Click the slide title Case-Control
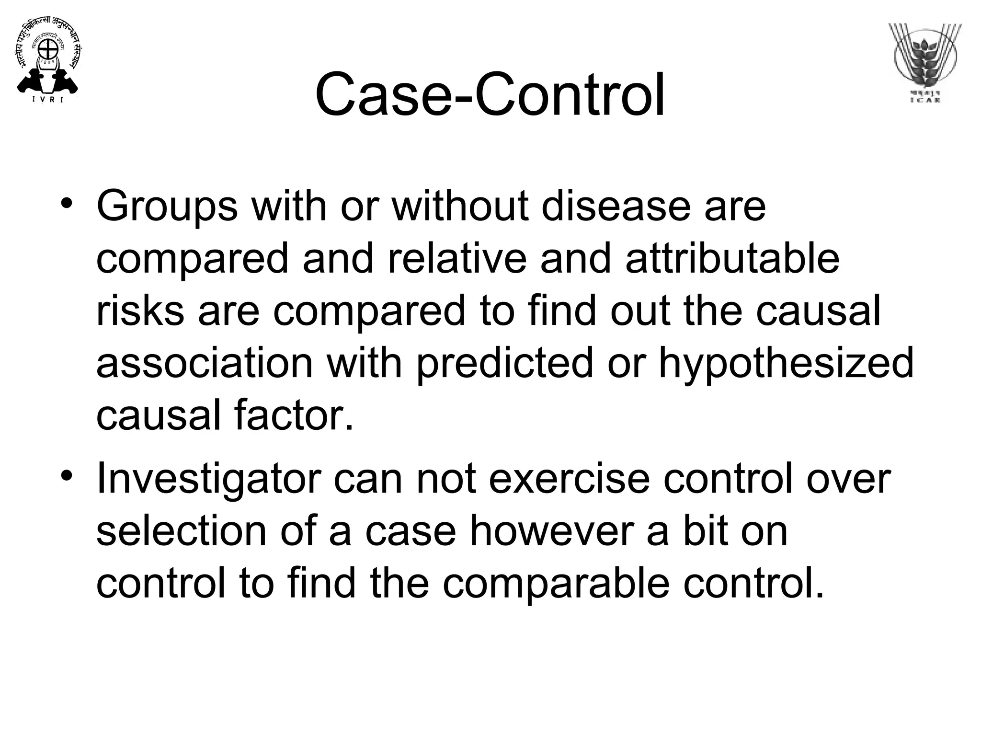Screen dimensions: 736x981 [x=490, y=94]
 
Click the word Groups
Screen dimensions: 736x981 [x=167, y=207]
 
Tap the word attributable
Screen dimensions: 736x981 [x=732, y=259]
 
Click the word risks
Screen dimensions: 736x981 [x=140, y=310]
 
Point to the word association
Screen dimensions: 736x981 [x=205, y=363]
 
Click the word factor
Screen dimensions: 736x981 [x=294, y=415]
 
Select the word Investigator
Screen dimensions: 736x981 [x=208, y=479]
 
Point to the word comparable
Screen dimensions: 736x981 [x=555, y=584]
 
